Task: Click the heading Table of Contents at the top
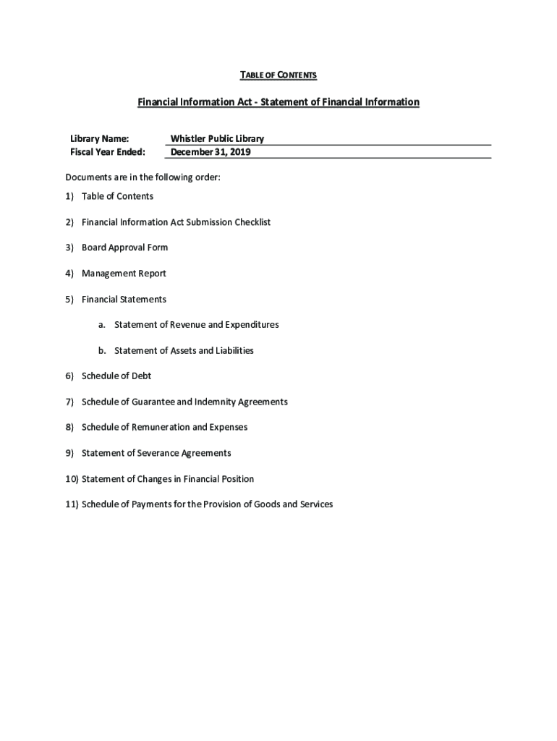click(278, 75)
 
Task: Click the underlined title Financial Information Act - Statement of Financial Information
click(278, 102)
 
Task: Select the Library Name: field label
click(100, 138)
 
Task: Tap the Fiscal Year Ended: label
click(108, 152)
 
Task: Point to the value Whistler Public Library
click(217, 138)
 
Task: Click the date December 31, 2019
click(211, 152)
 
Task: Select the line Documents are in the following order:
click(143, 177)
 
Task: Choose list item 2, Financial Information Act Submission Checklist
click(176, 222)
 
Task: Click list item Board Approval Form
click(124, 247)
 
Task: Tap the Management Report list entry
click(124, 274)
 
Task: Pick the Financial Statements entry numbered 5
click(124, 299)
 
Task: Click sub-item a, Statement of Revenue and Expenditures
click(196, 325)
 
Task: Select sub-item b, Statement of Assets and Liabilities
click(184, 350)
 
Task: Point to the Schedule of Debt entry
click(116, 376)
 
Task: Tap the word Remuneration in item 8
click(158, 428)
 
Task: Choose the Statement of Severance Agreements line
click(156, 453)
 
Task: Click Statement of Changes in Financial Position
click(168, 479)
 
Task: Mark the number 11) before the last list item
click(72, 504)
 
